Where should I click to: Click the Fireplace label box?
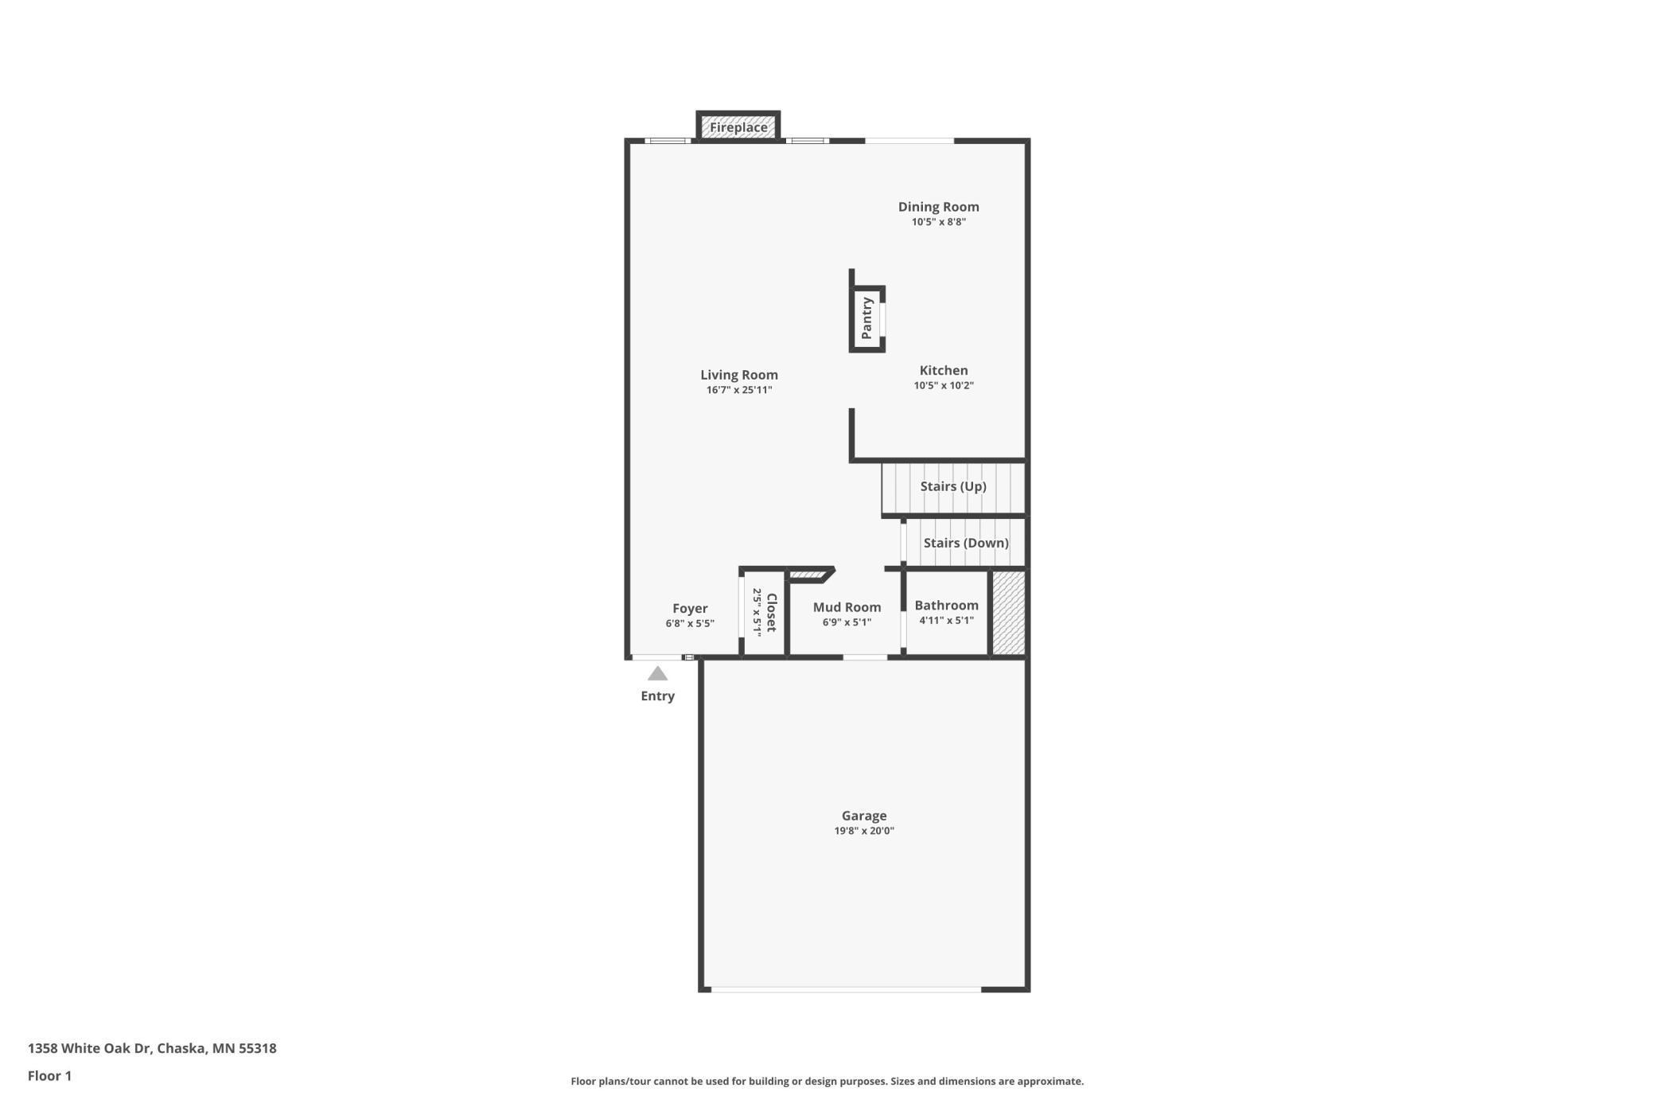(738, 127)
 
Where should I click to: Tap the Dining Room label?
(938, 207)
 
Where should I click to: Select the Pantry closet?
(867, 318)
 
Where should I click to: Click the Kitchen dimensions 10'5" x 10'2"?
(944, 386)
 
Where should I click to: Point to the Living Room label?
(739, 375)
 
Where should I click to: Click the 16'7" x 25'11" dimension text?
(739, 390)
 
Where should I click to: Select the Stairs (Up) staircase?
(953, 487)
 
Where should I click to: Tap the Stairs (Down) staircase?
(965, 544)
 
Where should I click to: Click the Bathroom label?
(946, 606)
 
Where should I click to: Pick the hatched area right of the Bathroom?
(1007, 614)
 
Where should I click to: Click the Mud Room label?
(847, 607)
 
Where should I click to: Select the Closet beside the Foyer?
(764, 612)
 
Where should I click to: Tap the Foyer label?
(690, 609)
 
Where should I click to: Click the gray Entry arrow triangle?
(657, 675)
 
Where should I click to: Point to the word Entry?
(657, 696)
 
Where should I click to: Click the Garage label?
(864, 816)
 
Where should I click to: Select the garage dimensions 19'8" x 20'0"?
(864, 831)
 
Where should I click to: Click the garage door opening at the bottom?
(845, 989)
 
